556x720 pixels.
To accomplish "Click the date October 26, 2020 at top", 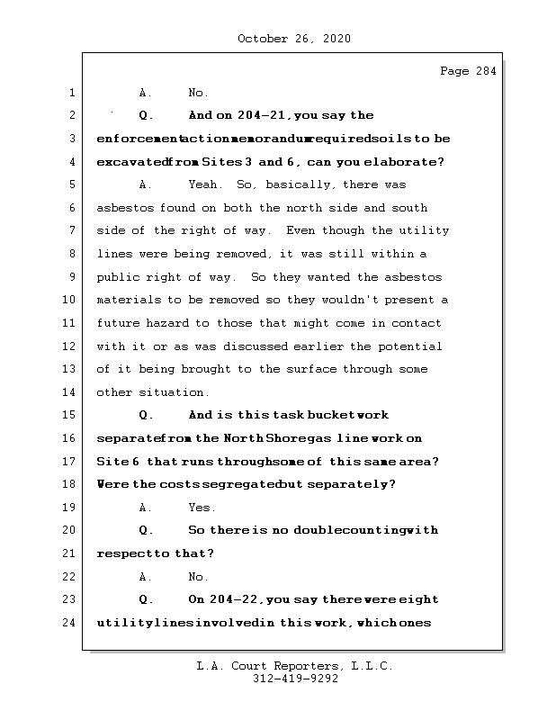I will coord(293,39).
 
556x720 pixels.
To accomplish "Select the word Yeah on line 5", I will coord(206,184).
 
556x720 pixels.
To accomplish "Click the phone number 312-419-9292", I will coord(293,679).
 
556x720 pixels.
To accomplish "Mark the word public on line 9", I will coord(118,277).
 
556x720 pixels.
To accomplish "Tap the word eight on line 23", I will coord(419,599).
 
